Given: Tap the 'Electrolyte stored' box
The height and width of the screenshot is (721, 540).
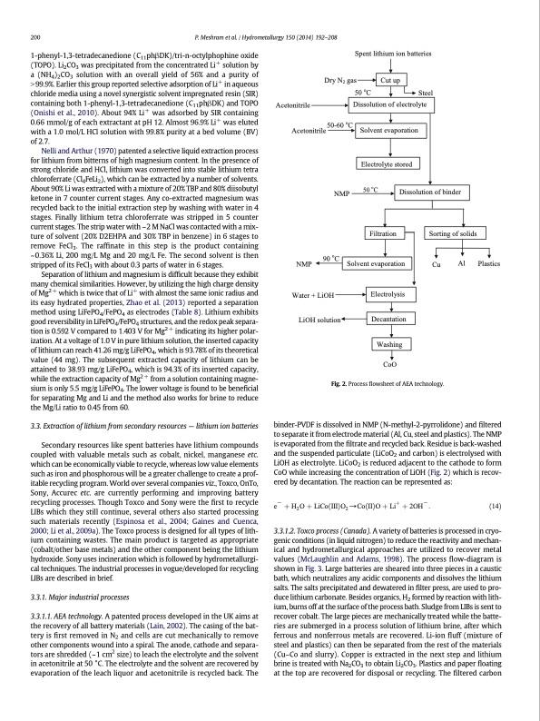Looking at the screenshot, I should (x=388, y=164).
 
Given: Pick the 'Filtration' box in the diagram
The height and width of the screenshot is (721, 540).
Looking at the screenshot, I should (x=388, y=234).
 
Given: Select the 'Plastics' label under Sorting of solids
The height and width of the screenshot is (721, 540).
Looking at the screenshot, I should (x=490, y=264).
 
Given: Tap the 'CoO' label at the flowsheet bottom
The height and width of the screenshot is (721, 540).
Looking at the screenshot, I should (x=388, y=365).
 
